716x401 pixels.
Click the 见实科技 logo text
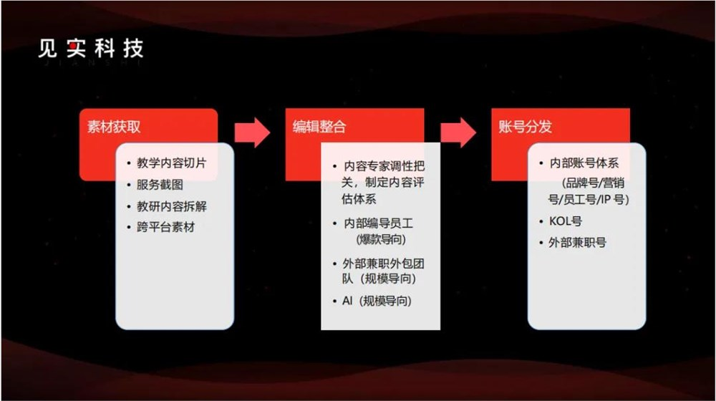(91, 48)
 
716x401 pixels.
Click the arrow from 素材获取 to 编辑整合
(252, 132)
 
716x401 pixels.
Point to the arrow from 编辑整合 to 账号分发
(458, 132)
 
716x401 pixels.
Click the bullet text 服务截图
(160, 184)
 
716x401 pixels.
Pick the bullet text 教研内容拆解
(172, 206)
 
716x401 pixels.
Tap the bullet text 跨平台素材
(165, 227)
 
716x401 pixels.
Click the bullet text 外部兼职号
(578, 243)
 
